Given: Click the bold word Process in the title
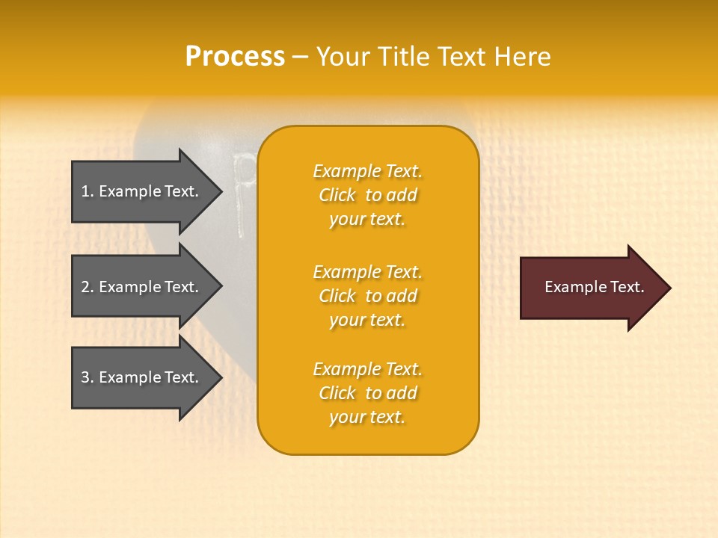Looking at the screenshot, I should pyautogui.click(x=235, y=57).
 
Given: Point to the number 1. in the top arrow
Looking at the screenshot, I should pyautogui.click(x=88, y=191).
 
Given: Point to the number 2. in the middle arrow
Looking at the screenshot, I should pyautogui.click(x=88, y=287).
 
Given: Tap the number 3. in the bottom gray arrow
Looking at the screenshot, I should pyautogui.click(x=88, y=378).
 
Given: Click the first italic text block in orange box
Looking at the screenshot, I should pyautogui.click(x=368, y=195).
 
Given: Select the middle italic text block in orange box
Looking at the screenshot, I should pyautogui.click(x=368, y=296).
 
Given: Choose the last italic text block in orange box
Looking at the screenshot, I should pyautogui.click(x=368, y=393).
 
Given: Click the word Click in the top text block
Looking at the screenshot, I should pyautogui.click(x=337, y=195).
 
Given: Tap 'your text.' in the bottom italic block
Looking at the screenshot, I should pyautogui.click(x=367, y=417).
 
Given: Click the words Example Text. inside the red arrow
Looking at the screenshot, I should pyautogui.click(x=595, y=287).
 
